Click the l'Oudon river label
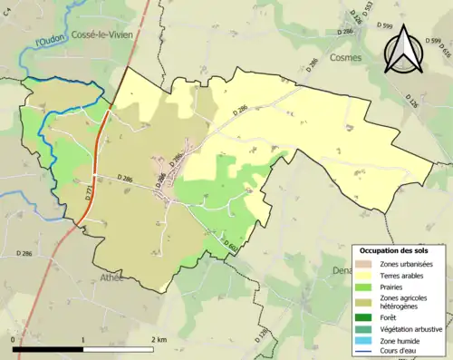pyautogui.click(x=51, y=39)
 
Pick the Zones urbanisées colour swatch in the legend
pyautogui.click(x=365, y=264)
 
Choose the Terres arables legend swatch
pyautogui.click(x=365, y=276)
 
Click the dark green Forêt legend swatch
pyautogui.click(x=365, y=317)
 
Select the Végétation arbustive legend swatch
pyautogui.click(x=365, y=329)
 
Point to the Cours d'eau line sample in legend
pyautogui.click(x=365, y=353)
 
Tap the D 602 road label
pyautogui.click(x=231, y=243)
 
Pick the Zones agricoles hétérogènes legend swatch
pyautogui.click(x=365, y=302)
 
